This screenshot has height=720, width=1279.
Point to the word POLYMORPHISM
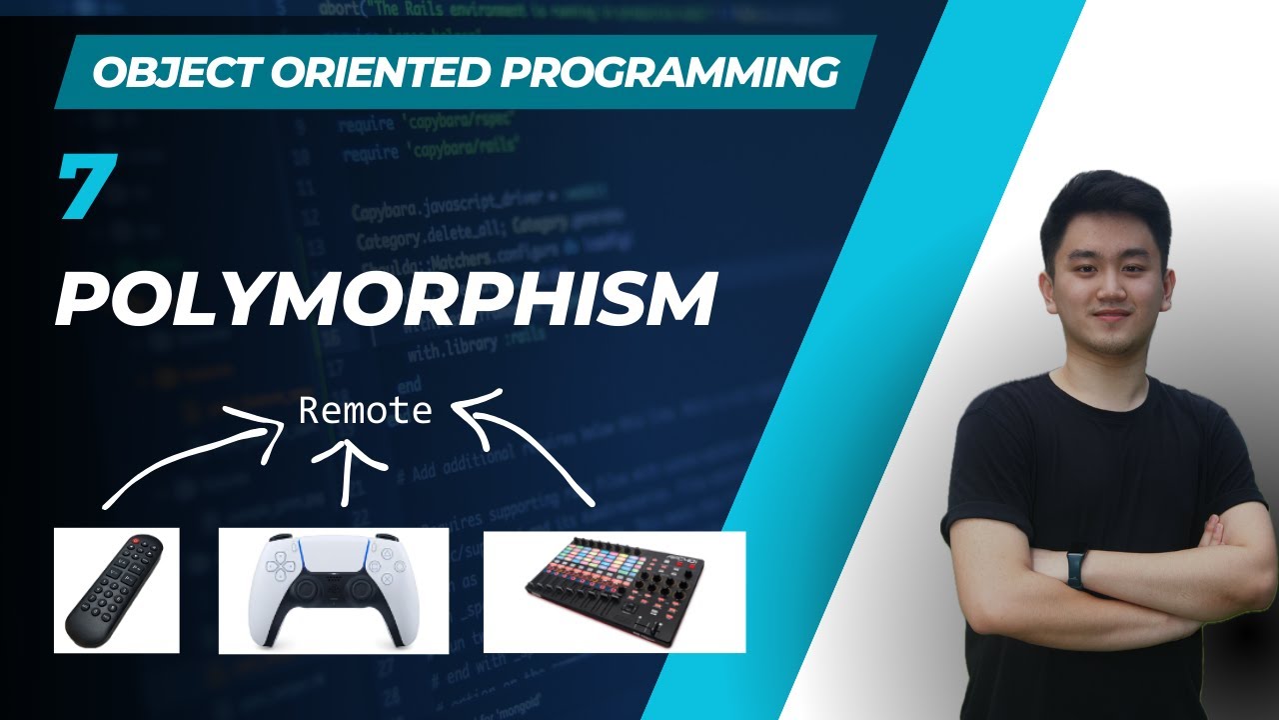pos(385,297)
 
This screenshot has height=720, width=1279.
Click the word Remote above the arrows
pos(366,411)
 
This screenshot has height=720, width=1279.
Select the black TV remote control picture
pos(116,590)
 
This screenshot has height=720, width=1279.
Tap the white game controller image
pos(333,591)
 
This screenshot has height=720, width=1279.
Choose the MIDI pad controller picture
pos(614,591)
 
